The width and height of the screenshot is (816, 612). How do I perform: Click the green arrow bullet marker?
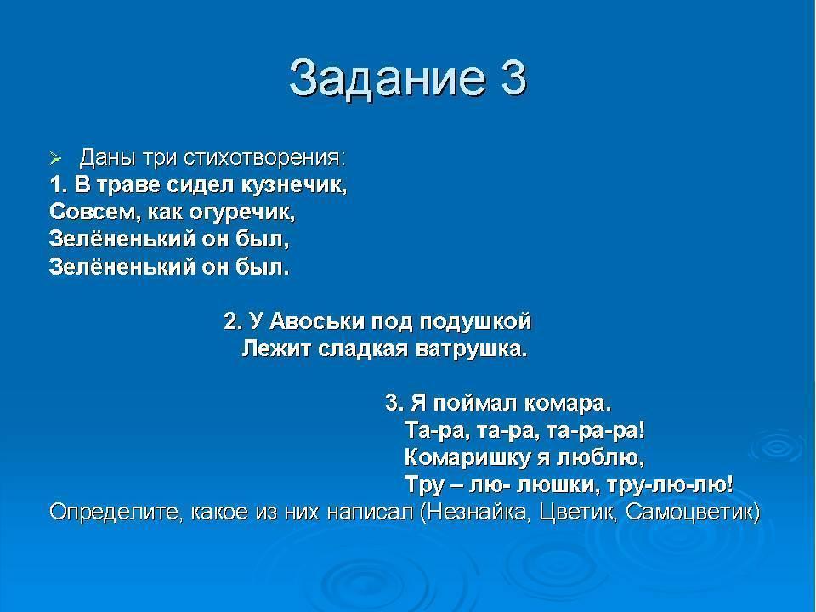click(55, 158)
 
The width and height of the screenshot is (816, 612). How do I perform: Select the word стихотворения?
click(264, 158)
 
